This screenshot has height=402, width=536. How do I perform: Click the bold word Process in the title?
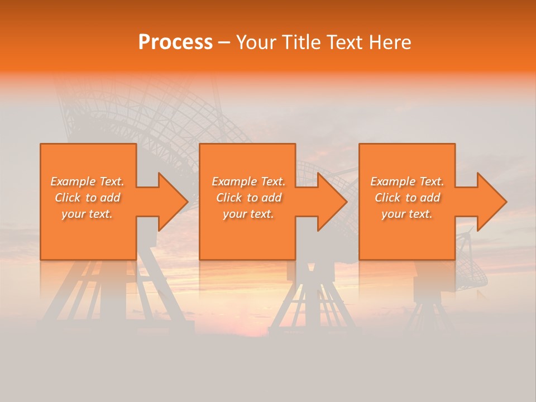click(175, 42)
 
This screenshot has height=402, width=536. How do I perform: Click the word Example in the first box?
click(73, 181)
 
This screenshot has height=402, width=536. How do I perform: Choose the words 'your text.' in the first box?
click(87, 214)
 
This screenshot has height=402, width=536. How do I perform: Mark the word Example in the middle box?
click(234, 181)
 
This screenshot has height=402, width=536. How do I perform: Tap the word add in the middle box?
click(271, 198)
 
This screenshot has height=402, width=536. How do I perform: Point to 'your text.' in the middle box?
click(248, 214)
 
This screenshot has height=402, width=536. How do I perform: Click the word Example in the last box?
click(393, 181)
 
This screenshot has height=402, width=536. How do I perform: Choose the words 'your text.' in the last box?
click(407, 214)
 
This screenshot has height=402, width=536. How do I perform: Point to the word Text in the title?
click(345, 42)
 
